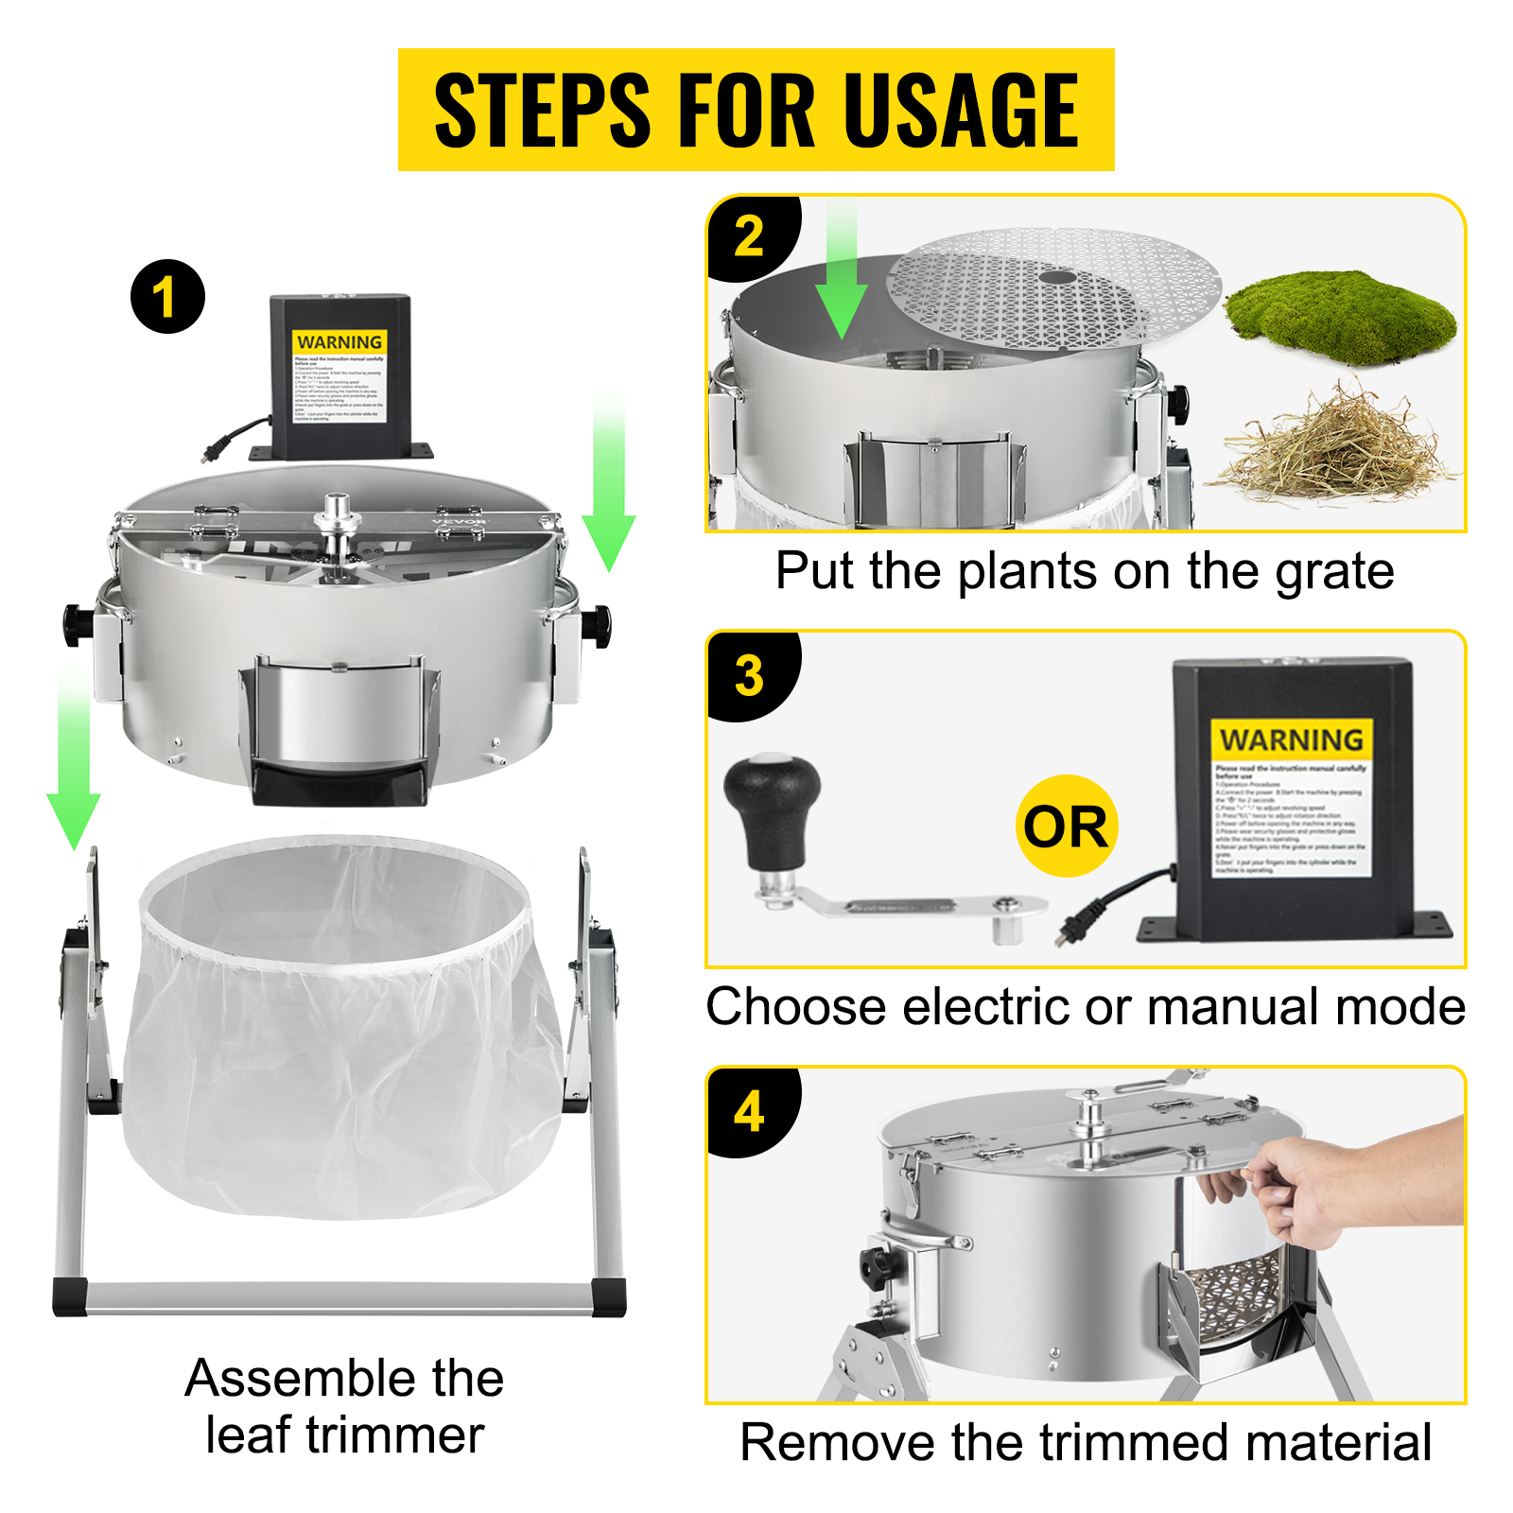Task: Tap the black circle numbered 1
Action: [167, 297]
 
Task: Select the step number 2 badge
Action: [749, 235]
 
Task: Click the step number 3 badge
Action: [749, 675]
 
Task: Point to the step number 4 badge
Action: [749, 1111]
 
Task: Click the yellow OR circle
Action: [1066, 826]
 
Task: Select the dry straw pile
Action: [1333, 444]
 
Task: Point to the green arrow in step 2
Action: [840, 274]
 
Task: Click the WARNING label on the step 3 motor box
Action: [1291, 739]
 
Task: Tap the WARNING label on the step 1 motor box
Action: [339, 342]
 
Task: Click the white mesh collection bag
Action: [340, 1031]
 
